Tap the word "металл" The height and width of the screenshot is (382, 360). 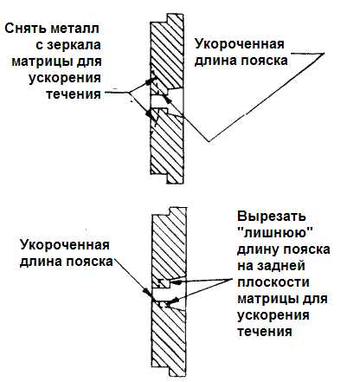[x=75, y=29]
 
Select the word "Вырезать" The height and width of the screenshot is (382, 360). [x=272, y=217]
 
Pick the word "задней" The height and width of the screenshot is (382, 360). [x=281, y=266]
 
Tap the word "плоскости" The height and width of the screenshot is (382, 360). [x=273, y=282]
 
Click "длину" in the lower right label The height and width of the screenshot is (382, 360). [x=258, y=249]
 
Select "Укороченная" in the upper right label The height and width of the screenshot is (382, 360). [x=240, y=44]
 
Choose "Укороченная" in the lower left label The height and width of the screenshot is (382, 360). [x=65, y=245]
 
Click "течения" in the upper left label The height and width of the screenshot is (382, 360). [x=74, y=94]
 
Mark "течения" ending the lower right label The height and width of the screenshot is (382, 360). [x=265, y=331]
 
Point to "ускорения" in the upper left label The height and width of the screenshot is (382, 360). [x=65, y=78]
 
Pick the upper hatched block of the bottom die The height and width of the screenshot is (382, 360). [x=170, y=249]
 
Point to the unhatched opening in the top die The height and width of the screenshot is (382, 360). [x=167, y=101]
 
